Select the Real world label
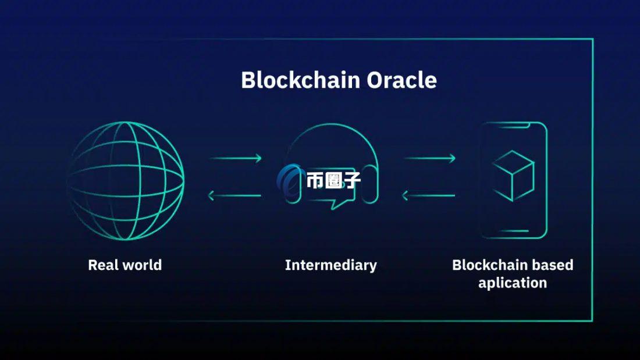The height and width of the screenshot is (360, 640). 125,265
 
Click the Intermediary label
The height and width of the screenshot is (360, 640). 330,265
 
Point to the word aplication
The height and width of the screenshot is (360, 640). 512,283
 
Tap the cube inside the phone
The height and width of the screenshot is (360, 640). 513,175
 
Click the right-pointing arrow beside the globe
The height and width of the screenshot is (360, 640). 236,158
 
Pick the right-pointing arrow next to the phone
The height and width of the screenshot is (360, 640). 429,158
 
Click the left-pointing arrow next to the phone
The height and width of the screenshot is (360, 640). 429,195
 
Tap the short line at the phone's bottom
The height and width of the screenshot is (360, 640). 513,230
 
